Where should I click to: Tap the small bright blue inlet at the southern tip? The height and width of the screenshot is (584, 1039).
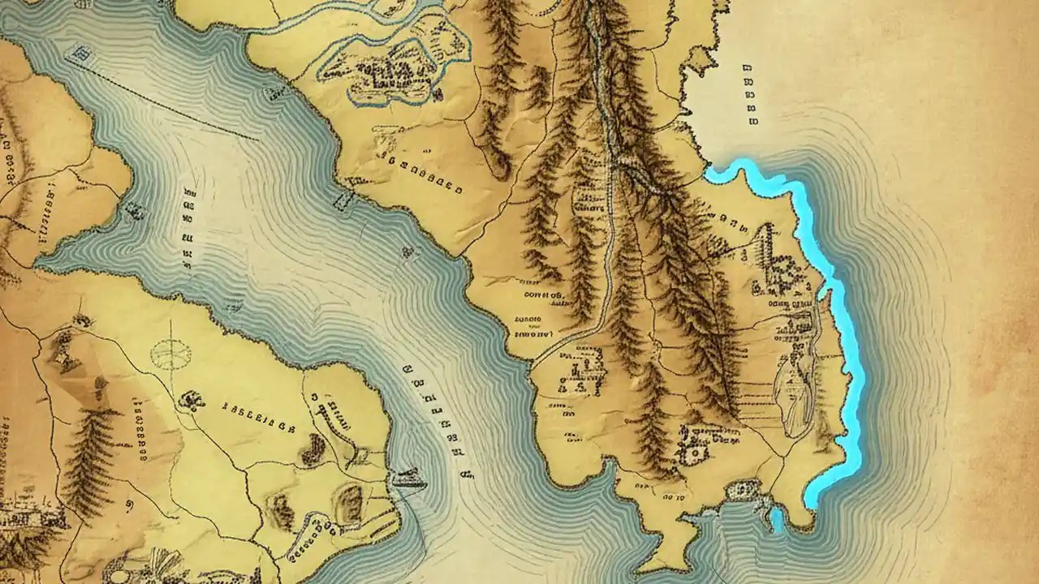pyautogui.click(x=777, y=519)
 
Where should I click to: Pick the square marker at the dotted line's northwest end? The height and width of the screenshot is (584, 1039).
pyautogui.click(x=81, y=55)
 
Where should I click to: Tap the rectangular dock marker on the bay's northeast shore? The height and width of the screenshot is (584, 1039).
pyautogui.click(x=342, y=200)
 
